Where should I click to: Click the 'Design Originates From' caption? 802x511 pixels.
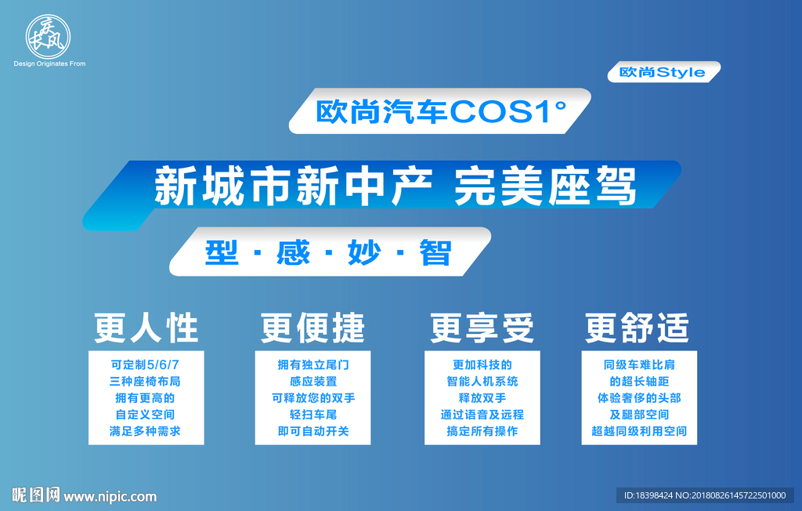(49, 63)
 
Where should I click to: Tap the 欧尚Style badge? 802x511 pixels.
(663, 72)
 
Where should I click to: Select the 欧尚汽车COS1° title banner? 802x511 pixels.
(440, 111)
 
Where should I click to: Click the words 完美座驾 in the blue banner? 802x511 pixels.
(545, 186)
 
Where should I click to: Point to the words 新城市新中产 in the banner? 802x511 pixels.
(294, 186)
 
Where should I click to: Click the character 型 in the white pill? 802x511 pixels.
(222, 252)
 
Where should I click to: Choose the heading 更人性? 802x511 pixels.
(146, 328)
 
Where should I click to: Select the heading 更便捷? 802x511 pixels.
(313, 328)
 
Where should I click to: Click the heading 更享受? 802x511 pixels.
(482, 328)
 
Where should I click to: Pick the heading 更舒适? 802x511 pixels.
(638, 328)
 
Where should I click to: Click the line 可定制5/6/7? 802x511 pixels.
(146, 364)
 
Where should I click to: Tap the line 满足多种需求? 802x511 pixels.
(146, 431)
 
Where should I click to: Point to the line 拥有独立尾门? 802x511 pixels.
(313, 364)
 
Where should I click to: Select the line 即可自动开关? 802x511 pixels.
(313, 431)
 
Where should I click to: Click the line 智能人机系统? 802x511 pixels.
(482, 382)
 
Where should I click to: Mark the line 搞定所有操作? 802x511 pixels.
(482, 431)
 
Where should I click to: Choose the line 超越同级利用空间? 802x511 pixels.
(639, 431)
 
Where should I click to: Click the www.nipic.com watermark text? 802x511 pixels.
(110, 496)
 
